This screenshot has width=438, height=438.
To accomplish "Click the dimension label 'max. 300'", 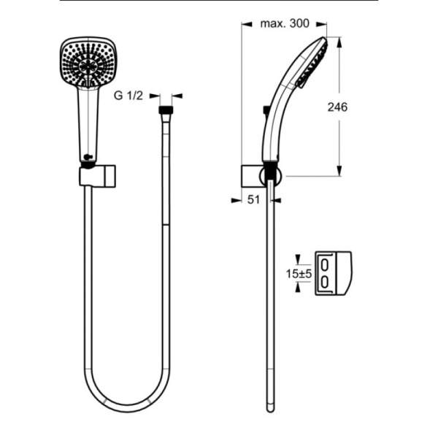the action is pyautogui.click(x=285, y=23).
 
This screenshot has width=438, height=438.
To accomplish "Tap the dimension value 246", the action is pyautogui.click(x=337, y=107).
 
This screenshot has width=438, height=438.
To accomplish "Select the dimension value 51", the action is pyautogui.click(x=253, y=200).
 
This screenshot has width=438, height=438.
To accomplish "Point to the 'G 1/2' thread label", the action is pyautogui.click(x=128, y=96).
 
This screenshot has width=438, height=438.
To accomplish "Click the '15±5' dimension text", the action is pyautogui.click(x=299, y=274).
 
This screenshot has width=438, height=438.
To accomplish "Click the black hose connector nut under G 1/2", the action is pyautogui.click(x=166, y=109).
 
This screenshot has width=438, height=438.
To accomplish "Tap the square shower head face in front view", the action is pyautogui.click(x=88, y=63).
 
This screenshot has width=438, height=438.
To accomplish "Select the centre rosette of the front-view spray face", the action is pyautogui.click(x=88, y=66).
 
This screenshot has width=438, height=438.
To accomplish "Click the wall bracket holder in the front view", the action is pyautogui.click(x=98, y=176).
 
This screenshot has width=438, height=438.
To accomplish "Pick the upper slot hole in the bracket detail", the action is pyautogui.click(x=325, y=265).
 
